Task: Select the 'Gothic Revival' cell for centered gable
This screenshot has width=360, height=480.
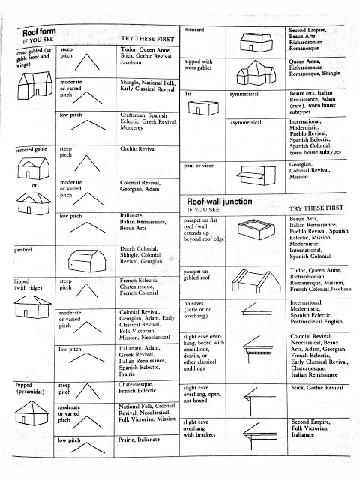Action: click(x=141, y=149)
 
